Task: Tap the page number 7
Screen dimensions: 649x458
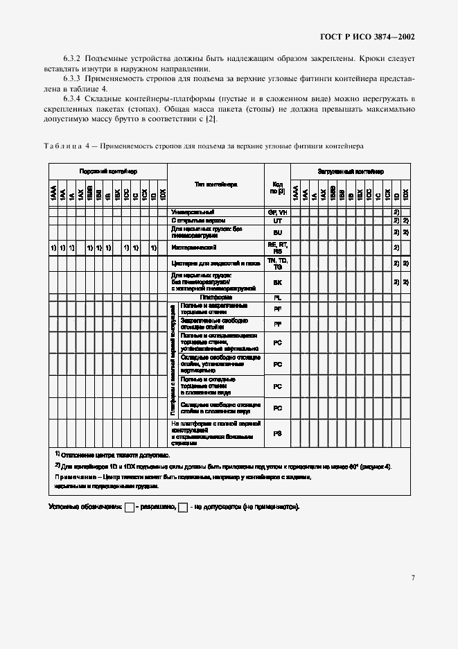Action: point(412,577)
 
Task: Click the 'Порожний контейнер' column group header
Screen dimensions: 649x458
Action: point(107,171)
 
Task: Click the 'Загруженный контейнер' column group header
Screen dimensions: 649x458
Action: point(351,171)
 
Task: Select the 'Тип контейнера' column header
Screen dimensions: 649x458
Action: point(215,185)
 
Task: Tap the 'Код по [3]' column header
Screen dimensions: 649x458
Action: point(277,187)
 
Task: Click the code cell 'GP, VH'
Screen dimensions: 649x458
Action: point(277,211)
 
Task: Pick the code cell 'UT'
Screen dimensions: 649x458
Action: point(277,219)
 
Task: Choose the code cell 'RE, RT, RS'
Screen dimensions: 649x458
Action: point(277,247)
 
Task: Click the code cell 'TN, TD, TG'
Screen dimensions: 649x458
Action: point(277,263)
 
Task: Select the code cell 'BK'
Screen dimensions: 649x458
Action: point(277,282)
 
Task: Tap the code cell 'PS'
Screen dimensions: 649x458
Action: point(277,433)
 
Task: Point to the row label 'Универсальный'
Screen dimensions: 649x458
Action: point(193,211)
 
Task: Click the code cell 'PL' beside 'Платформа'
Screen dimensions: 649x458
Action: point(277,297)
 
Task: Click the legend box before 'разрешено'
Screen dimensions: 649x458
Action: point(129,508)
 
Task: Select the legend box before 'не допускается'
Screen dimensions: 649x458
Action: point(183,508)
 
